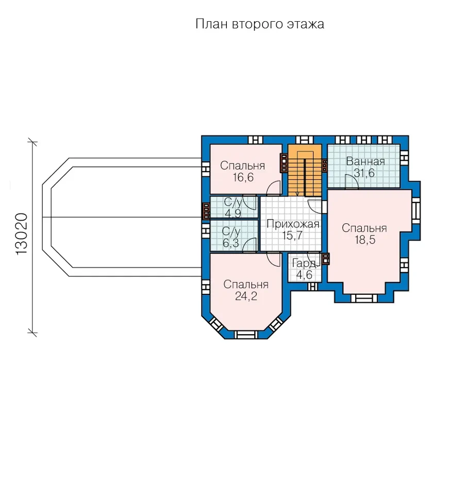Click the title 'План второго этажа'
point(259,24)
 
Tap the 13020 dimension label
point(22,235)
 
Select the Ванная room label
point(366,161)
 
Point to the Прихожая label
point(292,224)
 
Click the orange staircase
point(305,170)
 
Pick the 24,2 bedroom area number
point(246,296)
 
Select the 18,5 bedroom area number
point(365,240)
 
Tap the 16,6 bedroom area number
point(243,177)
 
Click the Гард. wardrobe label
point(304,263)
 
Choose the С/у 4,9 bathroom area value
point(233,213)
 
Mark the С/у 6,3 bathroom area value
point(231,243)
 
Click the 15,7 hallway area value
point(292,236)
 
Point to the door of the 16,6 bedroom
point(274,188)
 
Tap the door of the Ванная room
point(352,181)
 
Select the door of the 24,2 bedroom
point(274,260)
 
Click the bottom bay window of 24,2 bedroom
point(246,335)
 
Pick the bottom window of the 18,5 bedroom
point(364,299)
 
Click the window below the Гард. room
point(312,287)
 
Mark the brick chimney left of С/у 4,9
point(206,211)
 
